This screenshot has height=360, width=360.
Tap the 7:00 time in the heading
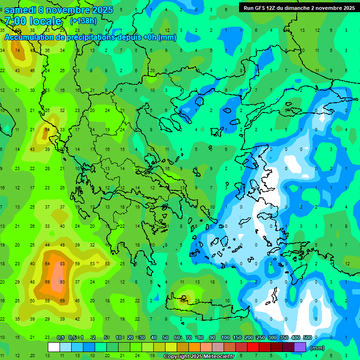14,21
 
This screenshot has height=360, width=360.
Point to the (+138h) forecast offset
83,21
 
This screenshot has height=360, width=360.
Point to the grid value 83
62,264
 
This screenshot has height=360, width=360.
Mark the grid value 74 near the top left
18,51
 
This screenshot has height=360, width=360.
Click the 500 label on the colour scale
307,338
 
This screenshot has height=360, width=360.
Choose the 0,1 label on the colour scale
60,338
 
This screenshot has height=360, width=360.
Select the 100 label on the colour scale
225,338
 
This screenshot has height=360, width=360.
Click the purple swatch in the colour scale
300,347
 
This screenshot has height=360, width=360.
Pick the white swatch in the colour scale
54,347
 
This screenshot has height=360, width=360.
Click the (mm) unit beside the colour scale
317,348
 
